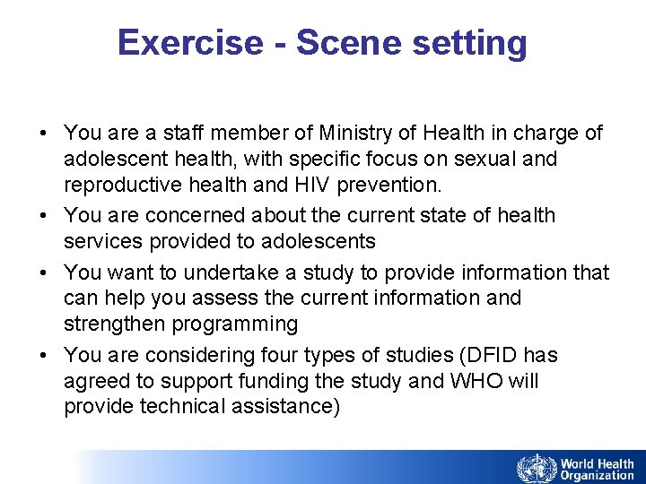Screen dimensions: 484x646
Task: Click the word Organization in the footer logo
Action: (x=597, y=476)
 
